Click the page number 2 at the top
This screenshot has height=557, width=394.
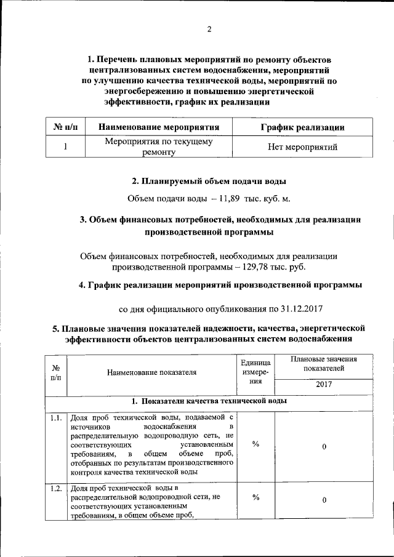click(209, 29)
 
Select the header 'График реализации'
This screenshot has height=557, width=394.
click(302, 127)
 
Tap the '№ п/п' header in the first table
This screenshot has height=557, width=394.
click(65, 127)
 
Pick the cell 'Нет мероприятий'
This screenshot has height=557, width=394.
click(302, 148)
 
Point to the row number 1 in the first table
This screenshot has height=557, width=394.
click(65, 148)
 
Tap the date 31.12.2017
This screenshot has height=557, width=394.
click(302, 308)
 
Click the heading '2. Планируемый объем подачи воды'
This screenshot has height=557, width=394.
click(209, 182)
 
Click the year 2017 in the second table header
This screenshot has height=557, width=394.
click(323, 384)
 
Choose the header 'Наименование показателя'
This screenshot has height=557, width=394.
click(151, 372)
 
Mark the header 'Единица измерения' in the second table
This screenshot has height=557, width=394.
click(255, 372)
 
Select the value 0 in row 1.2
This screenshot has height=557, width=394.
click(324, 501)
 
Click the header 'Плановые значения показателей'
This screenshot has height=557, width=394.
click(323, 363)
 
